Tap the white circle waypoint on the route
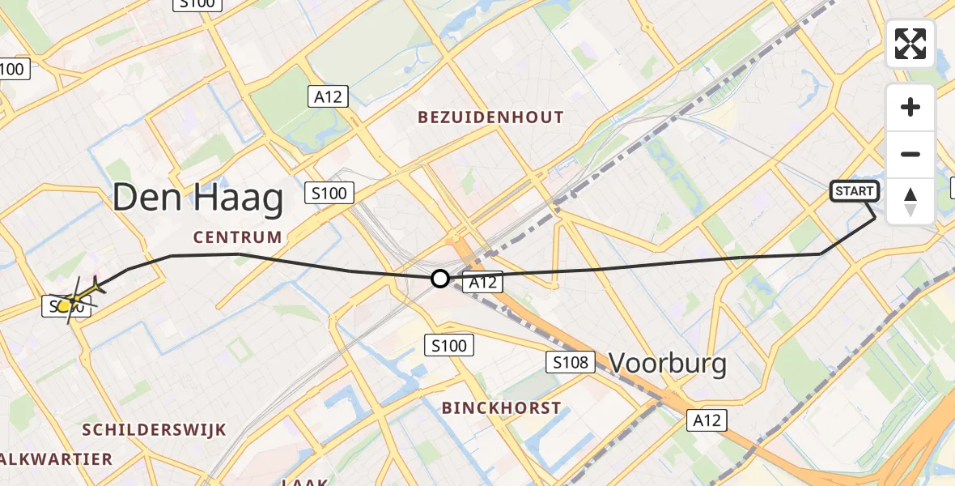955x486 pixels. [x=439, y=279]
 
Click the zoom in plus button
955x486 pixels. [x=910, y=107]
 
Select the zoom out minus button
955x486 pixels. [x=910, y=154]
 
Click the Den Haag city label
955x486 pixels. [x=198, y=198]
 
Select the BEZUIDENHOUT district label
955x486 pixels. [x=490, y=117]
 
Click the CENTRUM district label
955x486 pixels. [x=237, y=237]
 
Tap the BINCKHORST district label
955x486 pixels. [x=502, y=408]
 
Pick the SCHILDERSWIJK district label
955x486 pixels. [x=154, y=430]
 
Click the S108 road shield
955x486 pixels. [x=571, y=362]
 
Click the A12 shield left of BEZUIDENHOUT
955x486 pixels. [x=328, y=97]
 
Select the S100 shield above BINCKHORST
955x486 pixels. [x=449, y=346]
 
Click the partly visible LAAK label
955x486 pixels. [x=305, y=481]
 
